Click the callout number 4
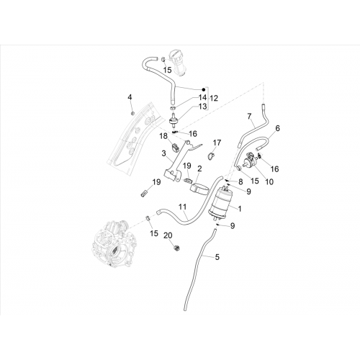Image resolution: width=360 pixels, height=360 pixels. point(130,97)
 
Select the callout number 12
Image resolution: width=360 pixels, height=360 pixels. point(214,98)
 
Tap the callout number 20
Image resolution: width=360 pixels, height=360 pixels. point(168,236)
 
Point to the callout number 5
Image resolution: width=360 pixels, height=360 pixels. point(217,257)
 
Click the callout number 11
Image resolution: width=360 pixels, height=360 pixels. point(183,207)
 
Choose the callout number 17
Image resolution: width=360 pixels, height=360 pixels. point(217,143)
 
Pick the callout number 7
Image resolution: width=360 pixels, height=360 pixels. point(249,117)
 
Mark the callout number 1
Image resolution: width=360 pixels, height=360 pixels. point(240,209)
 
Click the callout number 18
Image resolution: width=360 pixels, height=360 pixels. point(163,136)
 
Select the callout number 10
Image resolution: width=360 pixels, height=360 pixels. point(269,182)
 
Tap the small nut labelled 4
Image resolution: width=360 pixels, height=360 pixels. point(132,113)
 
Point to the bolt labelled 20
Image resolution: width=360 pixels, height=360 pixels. point(177,248)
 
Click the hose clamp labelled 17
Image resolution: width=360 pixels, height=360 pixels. point(211,157)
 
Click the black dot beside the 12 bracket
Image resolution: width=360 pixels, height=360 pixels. point(204,90)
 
